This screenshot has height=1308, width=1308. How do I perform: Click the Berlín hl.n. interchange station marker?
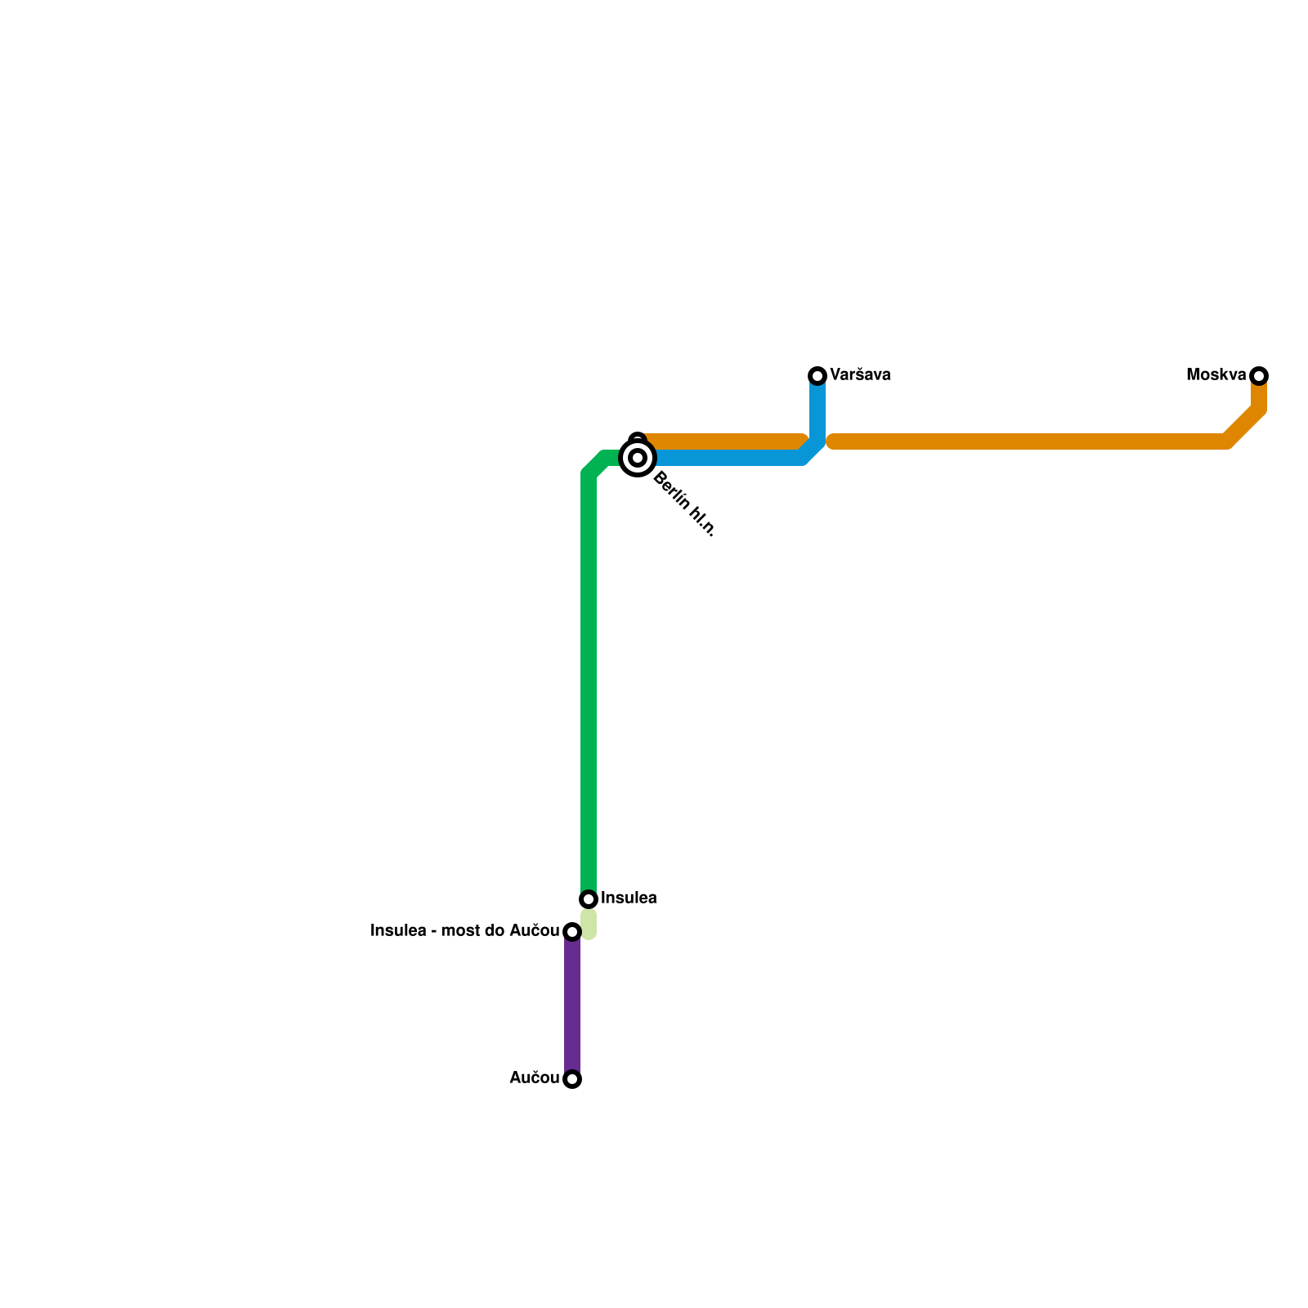click(638, 458)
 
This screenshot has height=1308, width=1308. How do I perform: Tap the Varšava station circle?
click(817, 376)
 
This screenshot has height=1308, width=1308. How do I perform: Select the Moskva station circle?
click(1259, 376)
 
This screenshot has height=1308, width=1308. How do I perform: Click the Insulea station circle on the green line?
click(589, 899)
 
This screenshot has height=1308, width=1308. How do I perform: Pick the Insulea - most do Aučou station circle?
click(572, 932)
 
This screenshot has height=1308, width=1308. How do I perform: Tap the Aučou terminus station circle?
click(572, 1079)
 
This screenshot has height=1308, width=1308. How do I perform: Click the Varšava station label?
click(860, 375)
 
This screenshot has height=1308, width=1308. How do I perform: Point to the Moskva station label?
click(1216, 375)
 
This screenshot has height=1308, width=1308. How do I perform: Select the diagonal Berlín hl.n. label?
click(684, 504)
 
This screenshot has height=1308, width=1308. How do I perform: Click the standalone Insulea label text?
click(629, 898)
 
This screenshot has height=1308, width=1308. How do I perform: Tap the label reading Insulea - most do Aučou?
click(464, 931)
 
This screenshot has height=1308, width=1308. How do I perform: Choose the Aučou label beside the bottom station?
click(534, 1078)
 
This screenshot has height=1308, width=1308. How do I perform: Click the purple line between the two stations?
click(572, 1006)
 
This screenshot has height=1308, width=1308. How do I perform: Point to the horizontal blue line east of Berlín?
click(728, 458)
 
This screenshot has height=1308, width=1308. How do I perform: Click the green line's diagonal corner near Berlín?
click(595, 464)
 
